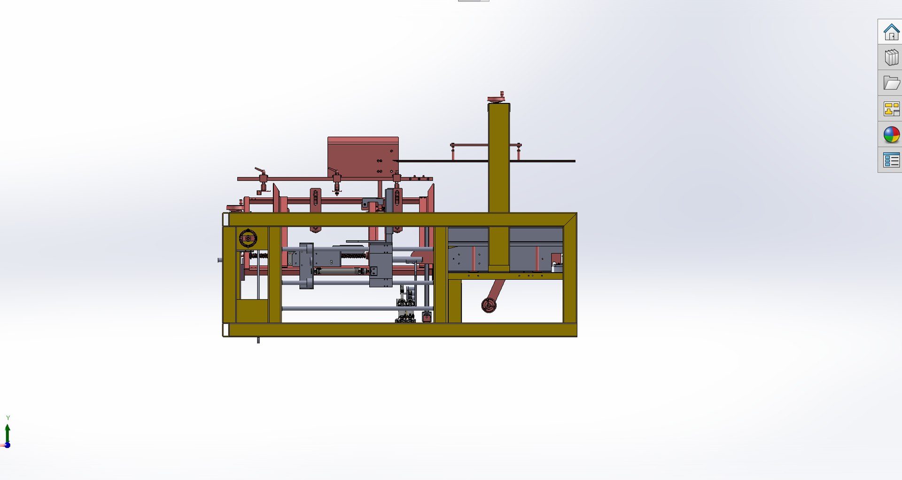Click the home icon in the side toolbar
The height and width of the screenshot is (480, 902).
pyautogui.click(x=891, y=32)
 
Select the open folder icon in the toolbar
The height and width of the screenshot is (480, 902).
pyautogui.click(x=891, y=83)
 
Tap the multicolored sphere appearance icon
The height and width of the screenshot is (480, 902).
pyautogui.click(x=891, y=134)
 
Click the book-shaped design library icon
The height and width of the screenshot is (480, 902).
pyautogui.click(x=891, y=57)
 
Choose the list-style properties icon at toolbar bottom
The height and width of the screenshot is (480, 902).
pyautogui.click(x=891, y=160)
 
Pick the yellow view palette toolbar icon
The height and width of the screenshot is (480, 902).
pyautogui.click(x=891, y=109)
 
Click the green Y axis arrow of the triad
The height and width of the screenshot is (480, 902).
pyautogui.click(x=8, y=432)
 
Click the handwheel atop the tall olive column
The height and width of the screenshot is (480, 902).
pyautogui.click(x=497, y=98)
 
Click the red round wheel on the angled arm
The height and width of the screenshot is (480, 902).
pyautogui.click(x=489, y=305)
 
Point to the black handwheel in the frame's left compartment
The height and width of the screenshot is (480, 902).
pyautogui.click(x=248, y=238)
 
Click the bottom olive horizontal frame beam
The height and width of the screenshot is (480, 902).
pyautogui.click(x=399, y=330)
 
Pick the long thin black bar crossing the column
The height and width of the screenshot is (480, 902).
pyautogui.click(x=540, y=161)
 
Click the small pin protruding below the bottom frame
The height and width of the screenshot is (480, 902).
pyautogui.click(x=258, y=340)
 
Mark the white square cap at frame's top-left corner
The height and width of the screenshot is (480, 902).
pyautogui.click(x=225, y=219)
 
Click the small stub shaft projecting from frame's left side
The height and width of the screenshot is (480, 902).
pyautogui.click(x=220, y=260)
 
